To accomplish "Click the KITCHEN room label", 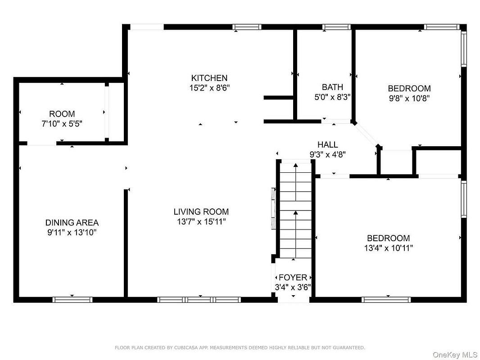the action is (209, 78).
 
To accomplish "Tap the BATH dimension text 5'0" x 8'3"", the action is (332, 97).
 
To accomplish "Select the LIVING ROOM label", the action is (201, 211).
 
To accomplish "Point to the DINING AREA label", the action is (72, 223).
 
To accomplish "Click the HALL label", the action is (327, 144).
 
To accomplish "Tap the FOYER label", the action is (293, 277).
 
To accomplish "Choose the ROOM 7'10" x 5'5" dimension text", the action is (62, 124).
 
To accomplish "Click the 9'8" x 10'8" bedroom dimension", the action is (409, 99).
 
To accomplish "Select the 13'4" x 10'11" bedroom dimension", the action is (389, 248).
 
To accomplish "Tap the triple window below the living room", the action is (199, 300).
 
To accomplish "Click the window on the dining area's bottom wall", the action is (72, 300).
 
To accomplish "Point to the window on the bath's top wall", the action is (336, 27).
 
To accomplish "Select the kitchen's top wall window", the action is (247, 27).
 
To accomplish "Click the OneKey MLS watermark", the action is (455, 355).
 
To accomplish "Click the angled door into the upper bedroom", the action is (366, 135).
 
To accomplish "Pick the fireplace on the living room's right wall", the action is (274, 208).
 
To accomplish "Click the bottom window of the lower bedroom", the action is (386, 300).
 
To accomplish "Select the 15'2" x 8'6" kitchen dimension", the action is (210, 88).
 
